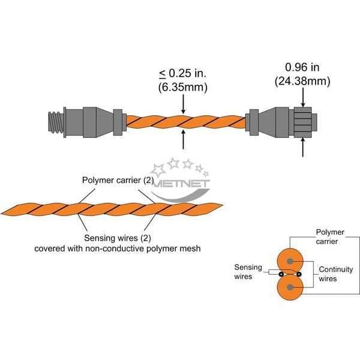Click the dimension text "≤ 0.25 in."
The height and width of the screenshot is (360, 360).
[183, 73]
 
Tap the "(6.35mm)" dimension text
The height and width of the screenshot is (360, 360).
[183, 87]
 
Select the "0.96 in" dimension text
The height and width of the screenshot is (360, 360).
[302, 67]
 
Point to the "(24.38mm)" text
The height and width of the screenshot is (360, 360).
[302, 81]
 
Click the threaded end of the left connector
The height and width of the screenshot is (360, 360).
[55, 122]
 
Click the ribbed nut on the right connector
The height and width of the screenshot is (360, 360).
[303, 122]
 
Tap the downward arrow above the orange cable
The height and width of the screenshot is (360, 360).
[183, 104]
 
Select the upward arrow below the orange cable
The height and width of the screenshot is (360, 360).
[183, 139]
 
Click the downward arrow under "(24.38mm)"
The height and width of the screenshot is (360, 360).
[303, 97]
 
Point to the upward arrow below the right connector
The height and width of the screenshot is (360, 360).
[303, 148]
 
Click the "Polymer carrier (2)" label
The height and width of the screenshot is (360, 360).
[118, 180]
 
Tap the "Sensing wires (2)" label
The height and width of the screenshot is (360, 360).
[118, 238]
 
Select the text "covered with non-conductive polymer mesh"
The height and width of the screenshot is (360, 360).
[118, 248]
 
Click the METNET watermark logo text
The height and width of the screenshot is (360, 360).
[181, 184]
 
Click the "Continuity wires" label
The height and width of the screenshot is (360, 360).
[336, 274]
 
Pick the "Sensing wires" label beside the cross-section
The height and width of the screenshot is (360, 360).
[248, 272]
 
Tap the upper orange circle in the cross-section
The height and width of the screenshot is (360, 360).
[290, 261]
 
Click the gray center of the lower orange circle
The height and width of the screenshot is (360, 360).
[290, 287]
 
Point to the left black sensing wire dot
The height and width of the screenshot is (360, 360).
[281, 274]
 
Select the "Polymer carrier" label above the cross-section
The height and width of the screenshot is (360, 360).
[330, 237]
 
